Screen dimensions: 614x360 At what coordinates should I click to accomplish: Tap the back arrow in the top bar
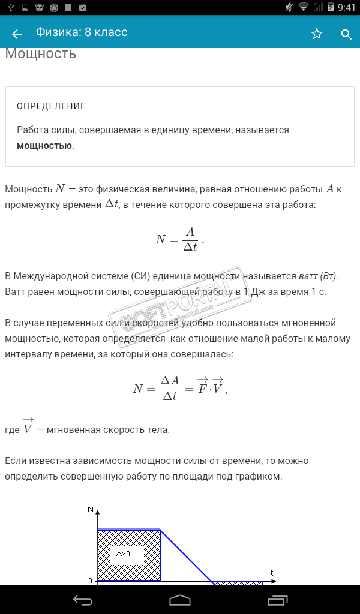coord(17,34)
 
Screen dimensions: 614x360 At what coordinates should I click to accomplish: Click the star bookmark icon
coord(317,34)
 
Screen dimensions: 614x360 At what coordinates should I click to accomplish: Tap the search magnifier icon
coord(346,34)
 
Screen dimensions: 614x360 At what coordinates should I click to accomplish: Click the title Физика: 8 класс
coord(82,32)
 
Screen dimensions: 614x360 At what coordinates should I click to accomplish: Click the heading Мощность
coord(41,53)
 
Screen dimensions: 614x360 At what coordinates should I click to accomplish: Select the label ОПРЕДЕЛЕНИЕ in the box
coord(52,106)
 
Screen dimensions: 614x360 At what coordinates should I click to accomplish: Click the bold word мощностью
coord(44,145)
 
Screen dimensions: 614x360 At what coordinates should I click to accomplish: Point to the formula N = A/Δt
coord(179,239)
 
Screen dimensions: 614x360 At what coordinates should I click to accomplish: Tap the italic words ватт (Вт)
coord(318,276)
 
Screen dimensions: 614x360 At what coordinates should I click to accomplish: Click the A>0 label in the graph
coord(123,554)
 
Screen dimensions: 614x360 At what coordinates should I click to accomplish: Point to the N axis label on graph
coord(91,510)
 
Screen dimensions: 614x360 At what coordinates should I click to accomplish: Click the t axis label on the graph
coord(272,573)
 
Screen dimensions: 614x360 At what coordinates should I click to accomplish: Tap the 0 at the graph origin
coord(91,581)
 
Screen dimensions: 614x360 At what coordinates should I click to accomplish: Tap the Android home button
coord(180,600)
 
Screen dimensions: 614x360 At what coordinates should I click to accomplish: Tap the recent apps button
coord(278,600)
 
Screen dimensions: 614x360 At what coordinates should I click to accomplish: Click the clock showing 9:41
coord(347,8)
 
